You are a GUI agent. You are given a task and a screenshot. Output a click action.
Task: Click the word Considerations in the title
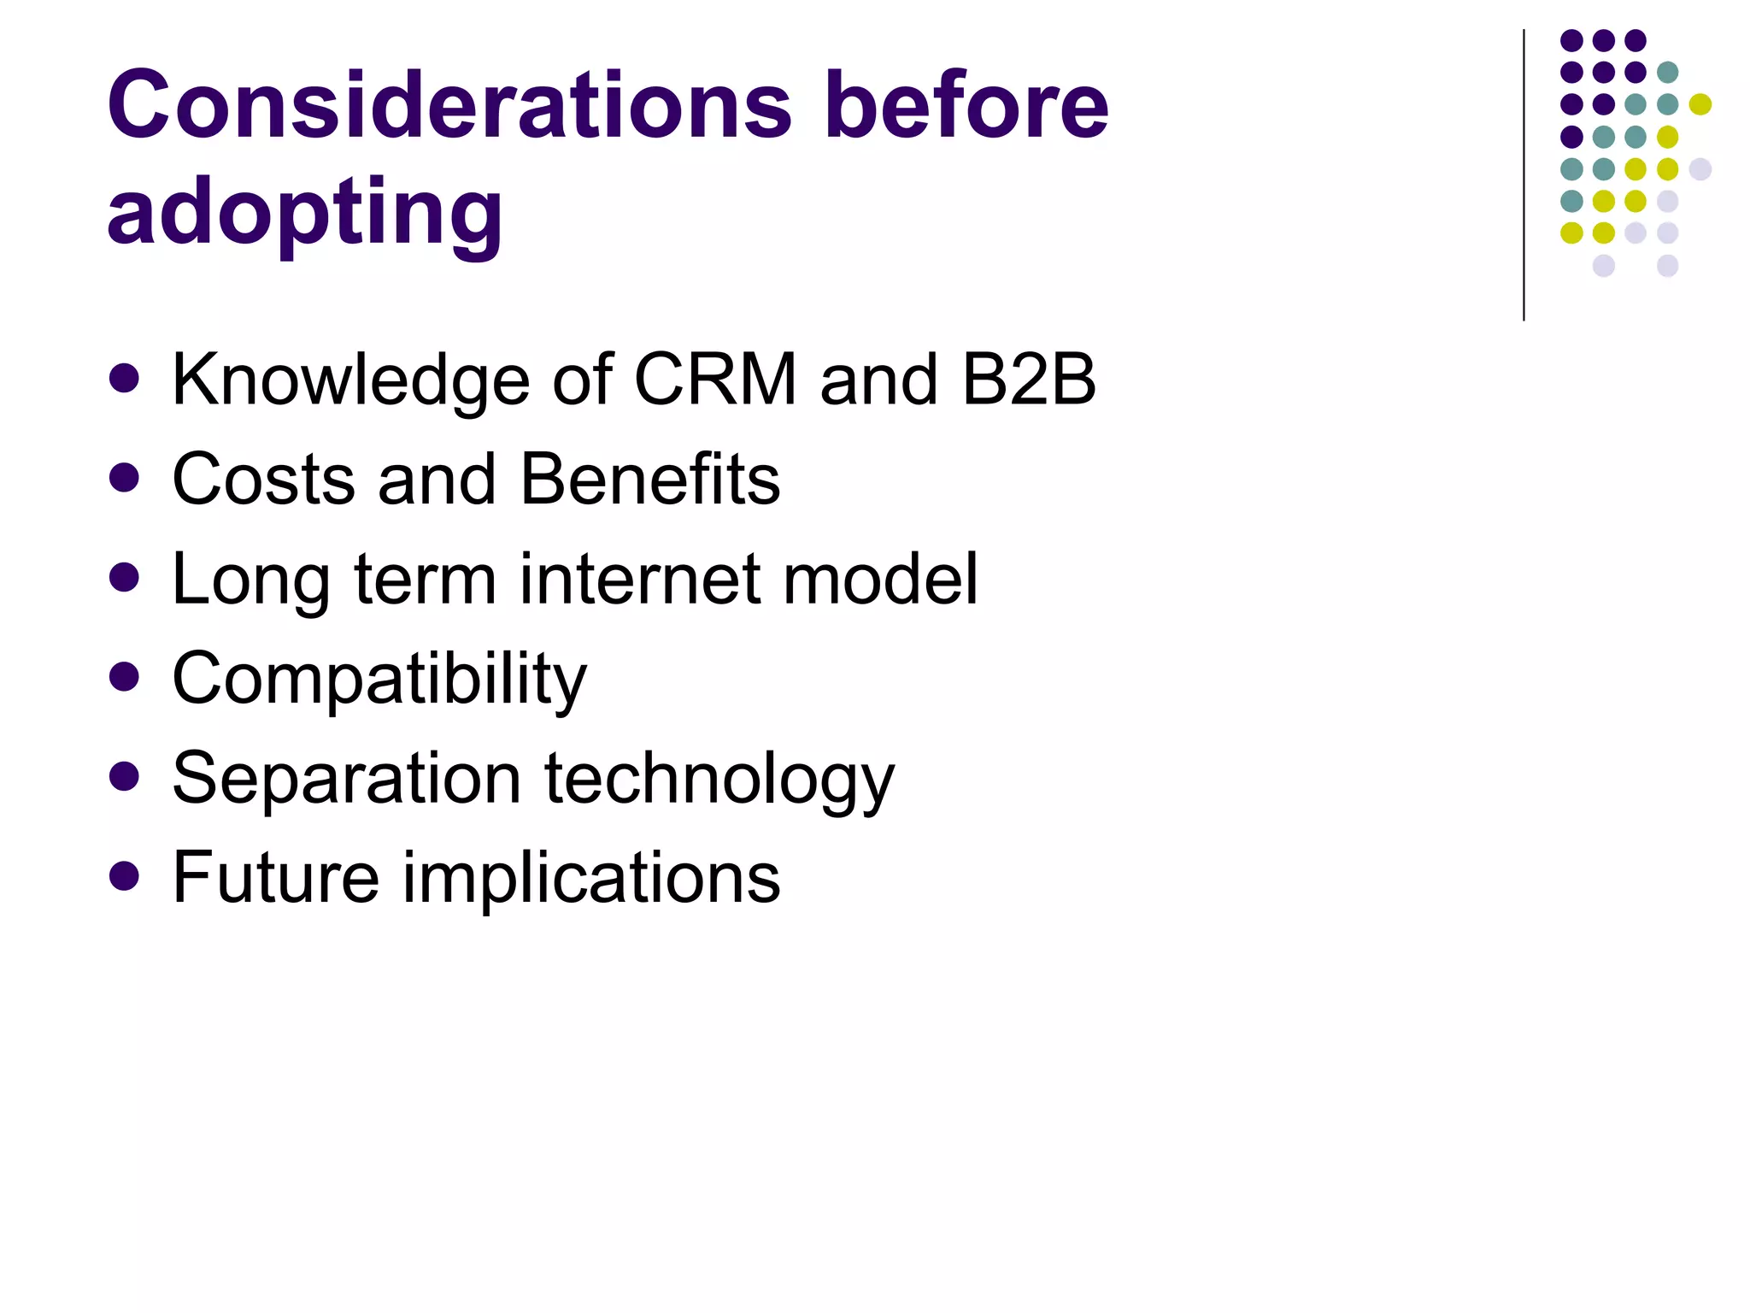(449, 105)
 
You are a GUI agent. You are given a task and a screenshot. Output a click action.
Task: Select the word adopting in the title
(305, 214)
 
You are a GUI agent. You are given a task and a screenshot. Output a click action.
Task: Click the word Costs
(263, 479)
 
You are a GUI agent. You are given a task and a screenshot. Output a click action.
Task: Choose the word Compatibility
(379, 680)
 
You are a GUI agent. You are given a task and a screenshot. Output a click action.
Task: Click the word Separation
(346, 779)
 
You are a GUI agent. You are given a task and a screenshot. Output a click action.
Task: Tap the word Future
(275, 878)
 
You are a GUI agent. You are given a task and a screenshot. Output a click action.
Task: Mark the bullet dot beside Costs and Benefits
(125, 478)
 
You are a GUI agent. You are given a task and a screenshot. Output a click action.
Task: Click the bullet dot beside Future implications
(125, 876)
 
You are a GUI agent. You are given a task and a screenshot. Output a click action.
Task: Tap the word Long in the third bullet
(250, 580)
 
